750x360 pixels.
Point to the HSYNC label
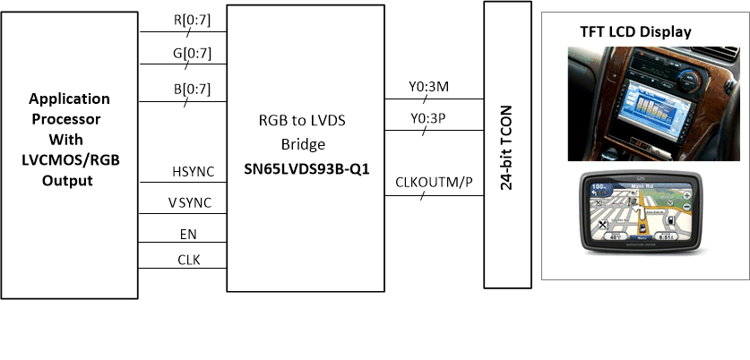click(192, 170)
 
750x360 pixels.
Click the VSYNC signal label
click(190, 202)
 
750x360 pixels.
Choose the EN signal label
click(188, 235)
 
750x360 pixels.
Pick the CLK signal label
click(189, 261)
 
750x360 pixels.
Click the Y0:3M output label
click(428, 87)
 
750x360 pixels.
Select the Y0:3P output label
click(428, 117)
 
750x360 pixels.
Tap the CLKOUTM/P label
click(433, 184)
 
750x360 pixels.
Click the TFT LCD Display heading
click(636, 32)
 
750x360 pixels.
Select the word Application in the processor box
click(70, 99)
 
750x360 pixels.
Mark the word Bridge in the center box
click(306, 143)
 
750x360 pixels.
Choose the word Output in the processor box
click(70, 180)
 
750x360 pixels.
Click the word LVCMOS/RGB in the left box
click(70, 159)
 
